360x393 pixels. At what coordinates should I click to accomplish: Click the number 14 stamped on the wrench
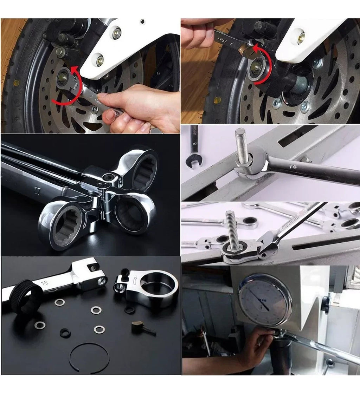click(x=292, y=167)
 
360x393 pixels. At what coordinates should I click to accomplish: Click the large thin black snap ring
click(x=89, y=356)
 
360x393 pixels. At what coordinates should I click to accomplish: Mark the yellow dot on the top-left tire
click(x=16, y=83)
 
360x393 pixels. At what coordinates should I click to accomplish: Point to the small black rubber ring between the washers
click(x=65, y=333)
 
